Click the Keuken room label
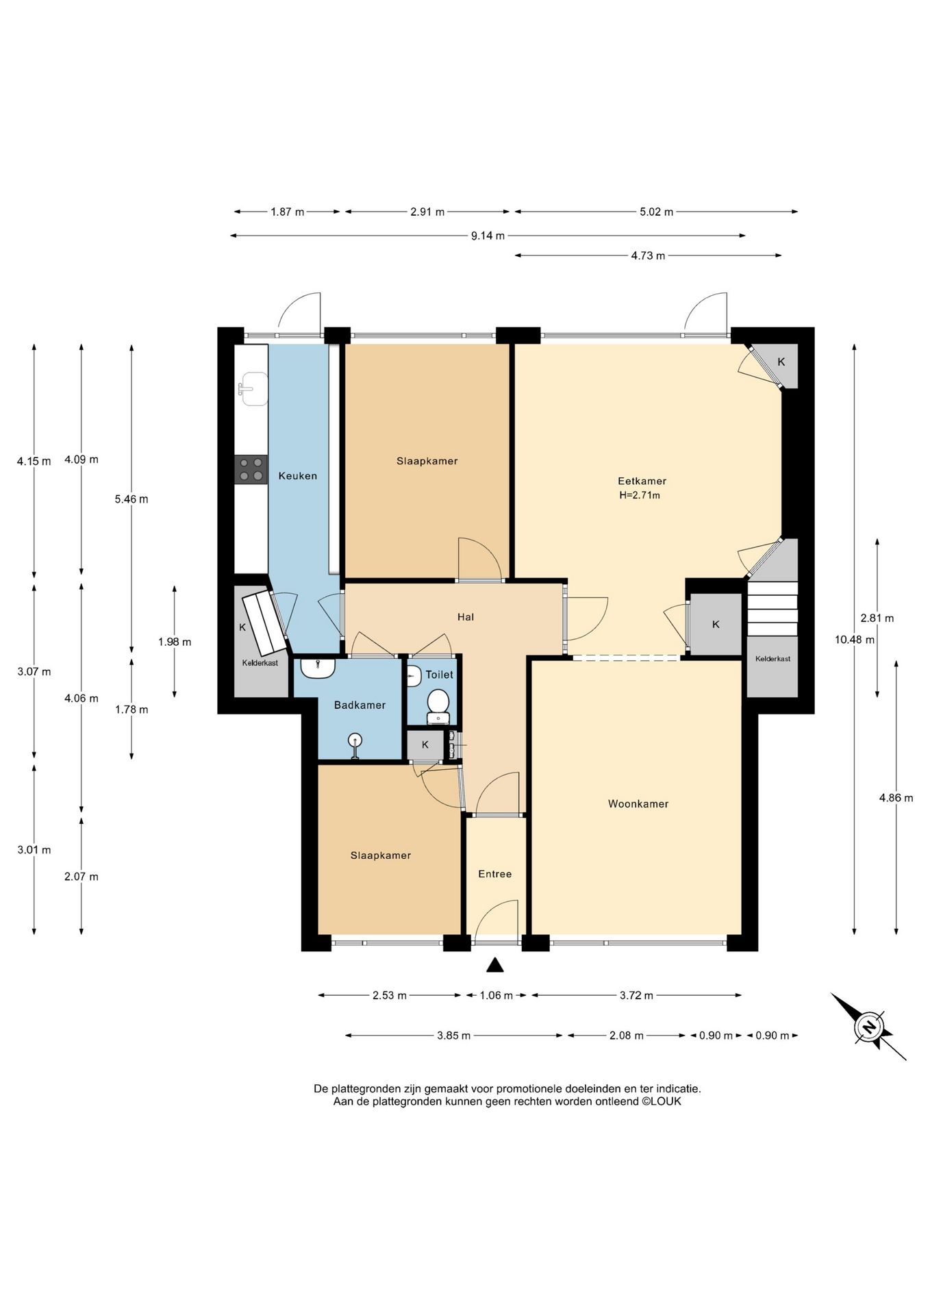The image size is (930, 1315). click(297, 475)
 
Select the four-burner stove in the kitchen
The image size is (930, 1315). click(251, 470)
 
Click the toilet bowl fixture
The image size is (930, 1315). click(438, 705)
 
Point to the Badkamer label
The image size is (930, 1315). click(360, 705)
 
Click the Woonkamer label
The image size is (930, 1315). click(638, 803)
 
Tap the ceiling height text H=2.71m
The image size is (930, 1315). click(640, 495)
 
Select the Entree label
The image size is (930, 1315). click(494, 874)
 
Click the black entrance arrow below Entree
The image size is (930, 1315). click(495, 965)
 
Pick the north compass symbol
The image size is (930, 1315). click(868, 1027)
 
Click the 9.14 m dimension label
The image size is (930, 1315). click(488, 236)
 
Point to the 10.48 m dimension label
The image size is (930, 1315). click(854, 640)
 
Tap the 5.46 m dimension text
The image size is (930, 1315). click(131, 499)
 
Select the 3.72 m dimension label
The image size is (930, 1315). click(636, 995)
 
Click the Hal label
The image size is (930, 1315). click(466, 617)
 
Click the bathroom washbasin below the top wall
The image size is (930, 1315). click(318, 668)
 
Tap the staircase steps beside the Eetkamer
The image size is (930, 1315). click(772, 609)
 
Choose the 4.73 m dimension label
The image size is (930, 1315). click(648, 255)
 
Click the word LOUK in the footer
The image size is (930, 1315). click(666, 1101)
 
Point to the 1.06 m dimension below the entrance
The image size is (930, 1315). click(496, 995)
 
